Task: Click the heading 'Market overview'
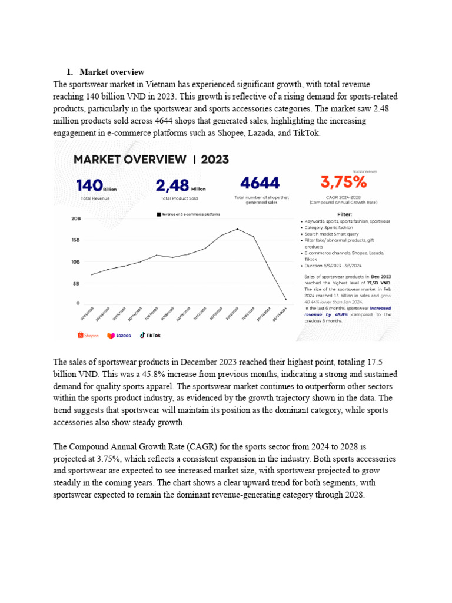(112, 72)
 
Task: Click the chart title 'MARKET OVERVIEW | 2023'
(151, 160)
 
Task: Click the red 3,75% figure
(342, 183)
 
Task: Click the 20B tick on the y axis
(75, 218)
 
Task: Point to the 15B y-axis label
(75, 240)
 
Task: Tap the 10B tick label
(75, 261)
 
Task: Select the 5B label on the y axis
(77, 283)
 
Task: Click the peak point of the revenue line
(237, 228)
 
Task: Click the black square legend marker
(158, 214)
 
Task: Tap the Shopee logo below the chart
(88, 335)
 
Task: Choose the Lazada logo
(119, 335)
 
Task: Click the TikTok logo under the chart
(149, 335)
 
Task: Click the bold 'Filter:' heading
(344, 214)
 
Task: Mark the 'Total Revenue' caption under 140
(95, 198)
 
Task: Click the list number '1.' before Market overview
(69, 72)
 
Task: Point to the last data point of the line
(286, 299)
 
